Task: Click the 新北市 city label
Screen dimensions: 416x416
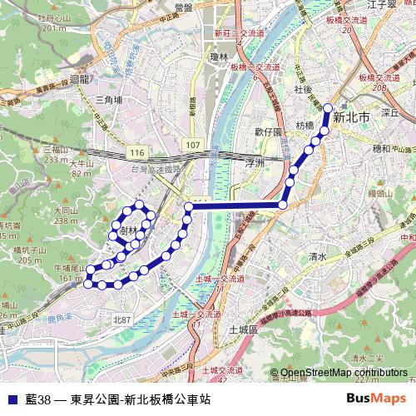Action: pyautogui.click(x=349, y=118)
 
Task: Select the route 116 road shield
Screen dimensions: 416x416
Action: pyautogui.click(x=137, y=155)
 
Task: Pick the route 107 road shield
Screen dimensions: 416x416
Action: pyautogui.click(x=192, y=146)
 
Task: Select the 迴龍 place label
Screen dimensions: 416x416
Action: pyautogui.click(x=80, y=80)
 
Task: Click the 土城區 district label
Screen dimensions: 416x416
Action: pyautogui.click(x=245, y=330)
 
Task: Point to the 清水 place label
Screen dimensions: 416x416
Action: pyautogui.click(x=317, y=256)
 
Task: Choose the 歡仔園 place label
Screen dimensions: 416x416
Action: pyautogui.click(x=270, y=131)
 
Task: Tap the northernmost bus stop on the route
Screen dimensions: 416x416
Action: pyautogui.click(x=328, y=107)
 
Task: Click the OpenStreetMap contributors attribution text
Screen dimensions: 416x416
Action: pyautogui.click(x=344, y=373)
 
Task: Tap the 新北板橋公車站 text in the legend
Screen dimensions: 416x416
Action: pyautogui.click(x=169, y=399)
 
